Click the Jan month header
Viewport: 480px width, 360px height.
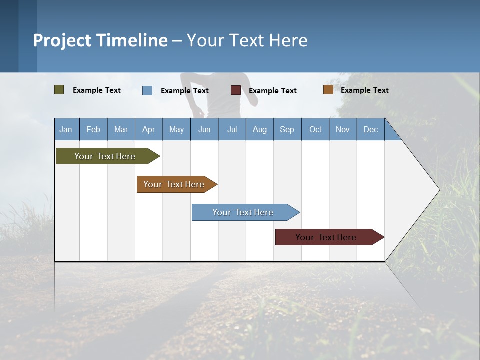coord(66,130)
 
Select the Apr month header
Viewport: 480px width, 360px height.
coord(148,130)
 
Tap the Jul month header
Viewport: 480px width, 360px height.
coord(232,130)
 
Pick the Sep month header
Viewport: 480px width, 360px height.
coord(287,130)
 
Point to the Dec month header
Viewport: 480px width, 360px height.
coord(370,130)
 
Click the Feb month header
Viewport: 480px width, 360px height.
coord(93,130)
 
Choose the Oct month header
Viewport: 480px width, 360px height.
coord(315,130)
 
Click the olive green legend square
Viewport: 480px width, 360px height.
coord(59,90)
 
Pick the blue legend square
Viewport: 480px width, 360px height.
coord(147,90)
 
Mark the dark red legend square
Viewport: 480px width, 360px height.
coord(236,90)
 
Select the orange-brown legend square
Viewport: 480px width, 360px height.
coord(328,90)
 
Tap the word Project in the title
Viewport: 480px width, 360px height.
coord(62,40)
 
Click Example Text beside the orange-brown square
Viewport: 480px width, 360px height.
coord(364,90)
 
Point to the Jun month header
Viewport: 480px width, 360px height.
coord(204,130)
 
